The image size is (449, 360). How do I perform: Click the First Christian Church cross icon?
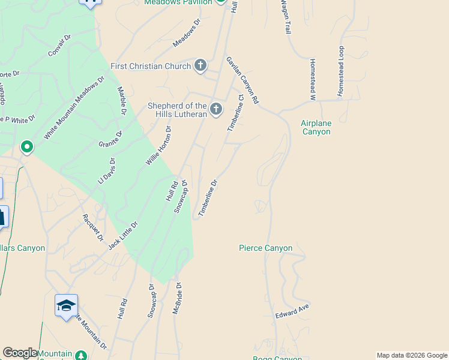coord(200,65)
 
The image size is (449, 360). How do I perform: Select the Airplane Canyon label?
coord(316,127)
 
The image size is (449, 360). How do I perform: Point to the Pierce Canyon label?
coord(265,248)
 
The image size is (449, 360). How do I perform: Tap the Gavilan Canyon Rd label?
coord(242,80)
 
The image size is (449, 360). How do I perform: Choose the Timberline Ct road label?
coord(235,113)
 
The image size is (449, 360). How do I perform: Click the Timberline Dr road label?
coord(208,197)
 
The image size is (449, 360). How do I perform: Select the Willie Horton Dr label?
coord(159,146)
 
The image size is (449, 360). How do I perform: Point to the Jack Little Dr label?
coord(123,235)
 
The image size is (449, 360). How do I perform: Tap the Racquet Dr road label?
coord(93,227)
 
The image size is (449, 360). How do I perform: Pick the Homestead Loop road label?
coord(341,71)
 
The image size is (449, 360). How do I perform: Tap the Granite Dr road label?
coord(110,140)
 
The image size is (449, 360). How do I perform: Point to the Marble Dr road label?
coord(122,100)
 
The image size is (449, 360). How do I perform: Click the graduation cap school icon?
coord(66,305)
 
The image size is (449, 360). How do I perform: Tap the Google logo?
coord(20,353)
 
